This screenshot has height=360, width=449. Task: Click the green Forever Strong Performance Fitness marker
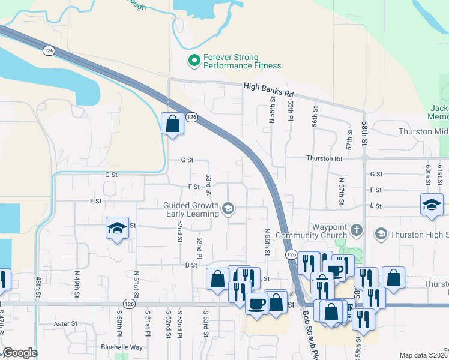(x=194, y=60)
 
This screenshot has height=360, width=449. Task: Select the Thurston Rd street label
(x=324, y=159)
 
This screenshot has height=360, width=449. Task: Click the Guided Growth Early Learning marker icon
(x=228, y=209)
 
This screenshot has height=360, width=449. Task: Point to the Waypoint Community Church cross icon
(x=357, y=230)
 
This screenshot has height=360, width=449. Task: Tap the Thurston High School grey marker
(x=381, y=233)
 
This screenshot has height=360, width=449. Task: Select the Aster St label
(x=66, y=323)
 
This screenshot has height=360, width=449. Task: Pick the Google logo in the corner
(x=20, y=353)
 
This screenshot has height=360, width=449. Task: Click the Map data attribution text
(x=424, y=355)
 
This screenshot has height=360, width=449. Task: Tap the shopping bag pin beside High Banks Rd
(x=172, y=124)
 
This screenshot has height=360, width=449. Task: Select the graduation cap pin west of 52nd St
(x=118, y=228)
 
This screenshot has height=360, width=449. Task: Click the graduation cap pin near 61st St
(x=432, y=205)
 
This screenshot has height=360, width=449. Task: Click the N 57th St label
(x=342, y=191)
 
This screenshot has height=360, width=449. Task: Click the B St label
(x=191, y=265)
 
